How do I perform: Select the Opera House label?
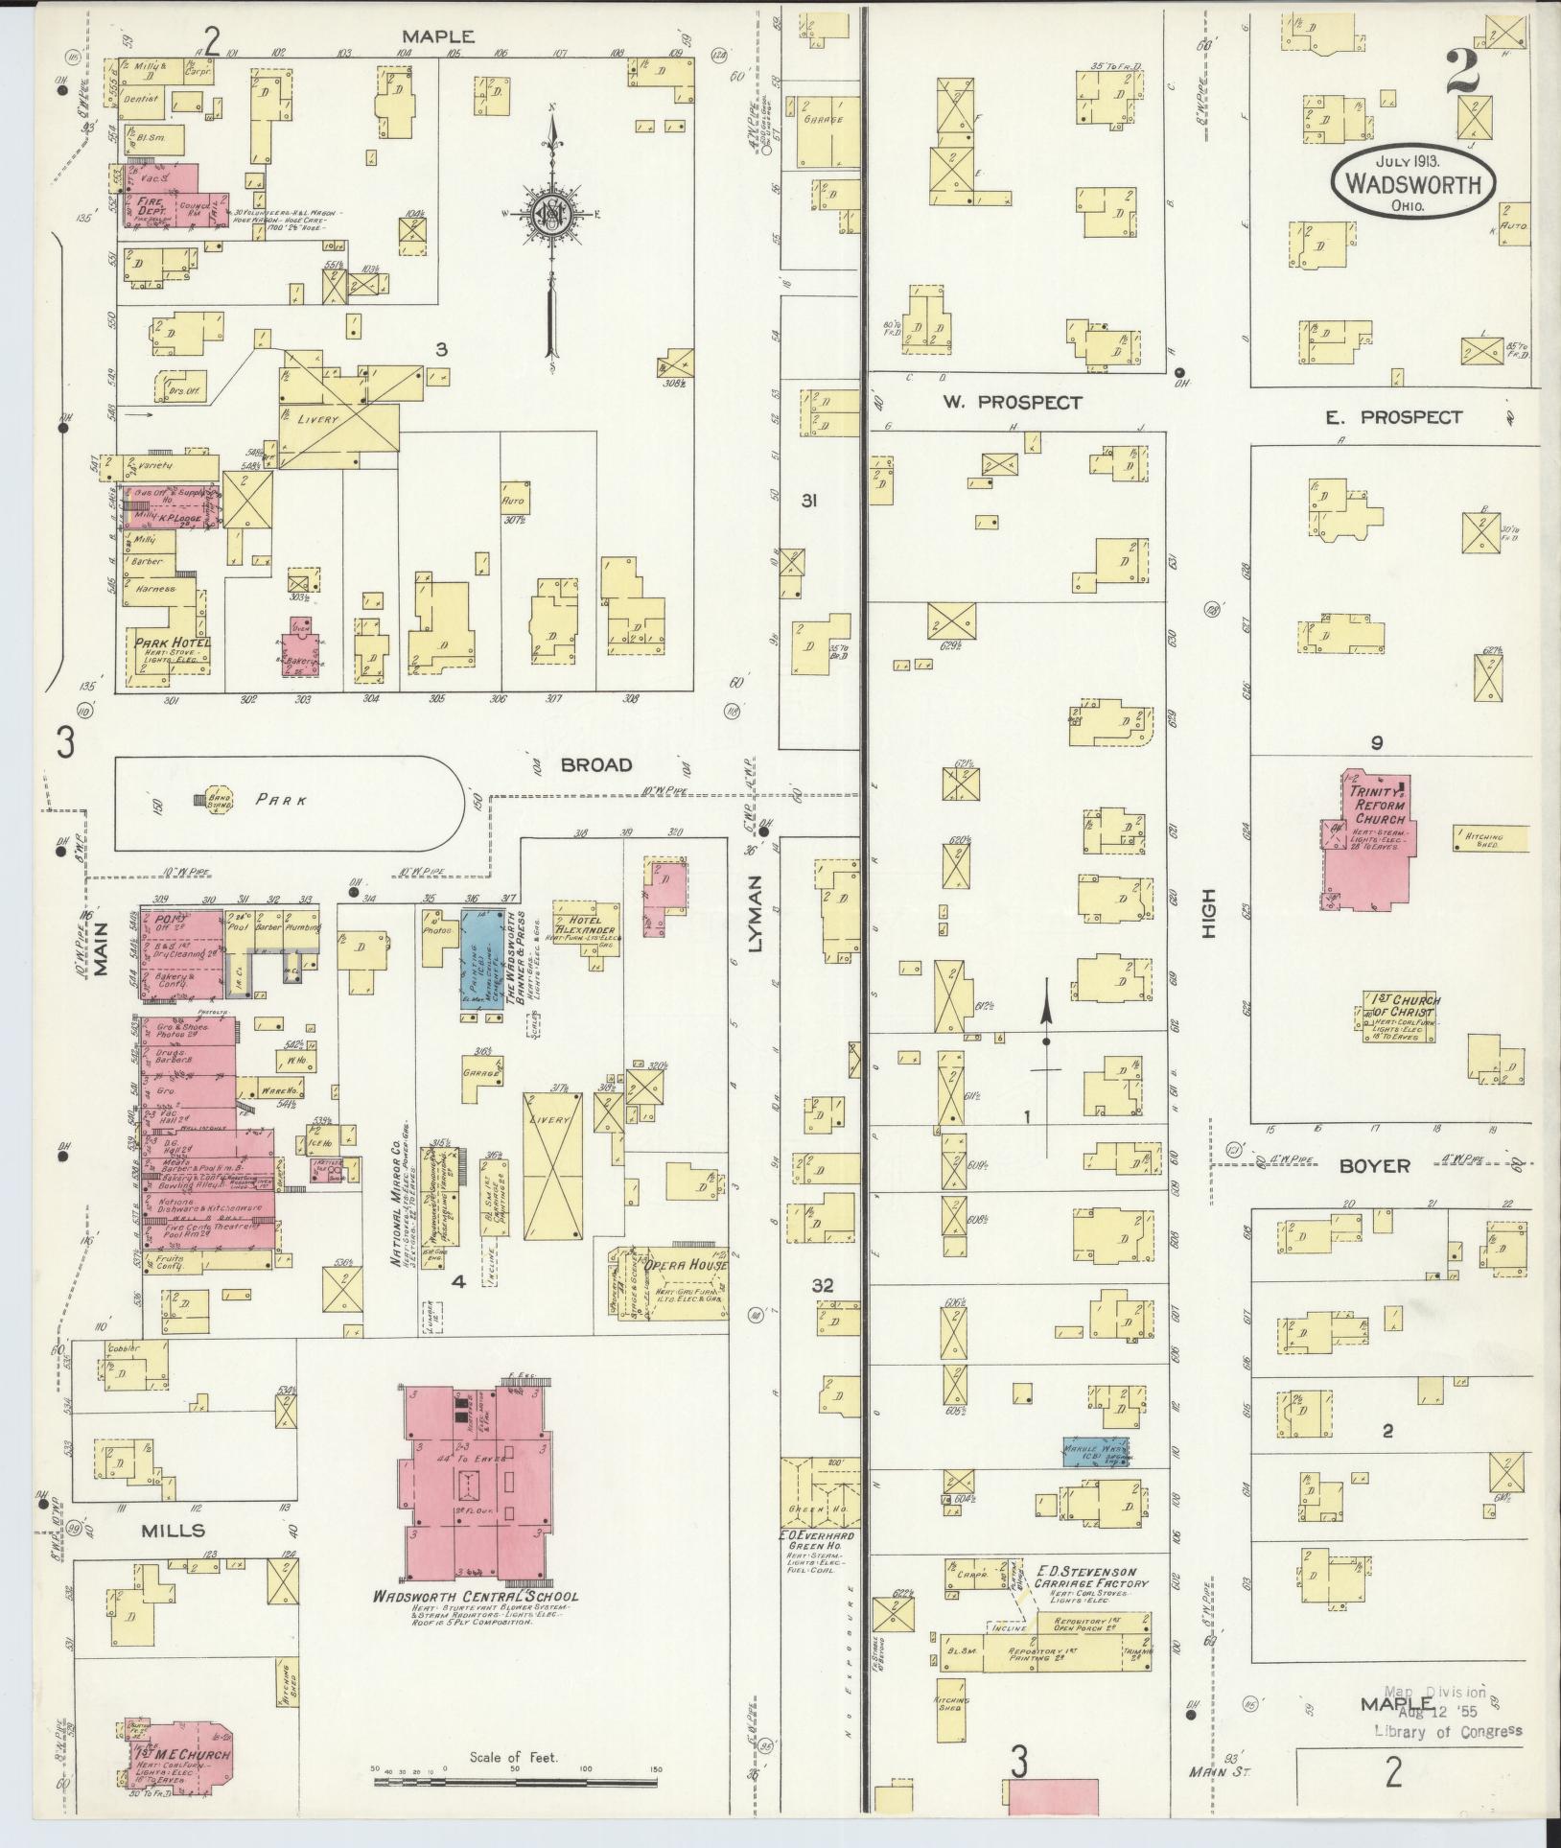[685, 1265]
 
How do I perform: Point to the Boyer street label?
[1374, 1166]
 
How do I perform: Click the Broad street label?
[596, 764]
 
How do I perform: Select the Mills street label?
[173, 1530]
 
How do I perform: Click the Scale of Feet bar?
[514, 1781]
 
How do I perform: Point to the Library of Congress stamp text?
[1447, 1730]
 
